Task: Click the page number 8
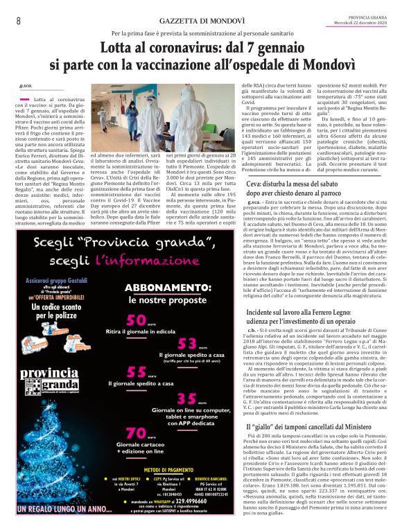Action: coord(19,21)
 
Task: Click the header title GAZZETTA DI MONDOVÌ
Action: coord(200,21)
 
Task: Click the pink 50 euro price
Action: coord(137,320)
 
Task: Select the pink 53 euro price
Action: coord(188,344)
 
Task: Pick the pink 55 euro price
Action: coord(137,373)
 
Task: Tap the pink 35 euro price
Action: coord(188,399)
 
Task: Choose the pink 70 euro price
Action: coord(137,433)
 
